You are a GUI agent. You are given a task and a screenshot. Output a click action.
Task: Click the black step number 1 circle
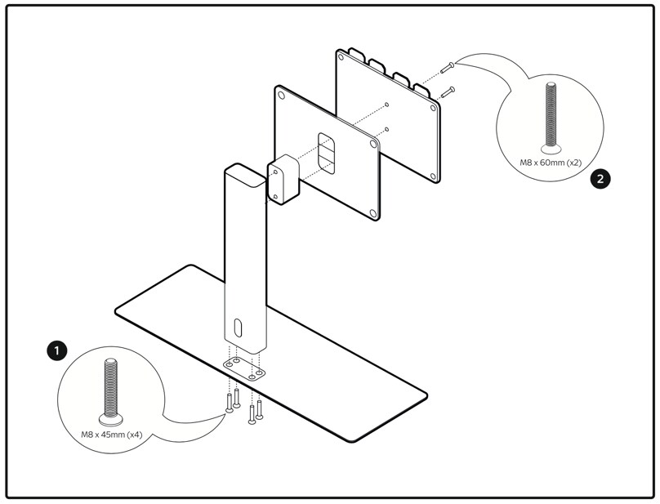point(56,350)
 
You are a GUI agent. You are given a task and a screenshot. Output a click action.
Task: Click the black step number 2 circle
point(600,179)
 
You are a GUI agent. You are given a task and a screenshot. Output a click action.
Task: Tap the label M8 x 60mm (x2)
point(551,163)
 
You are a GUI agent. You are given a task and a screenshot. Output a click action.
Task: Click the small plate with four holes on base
point(244,366)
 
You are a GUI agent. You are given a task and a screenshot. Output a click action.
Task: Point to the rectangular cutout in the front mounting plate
point(325,152)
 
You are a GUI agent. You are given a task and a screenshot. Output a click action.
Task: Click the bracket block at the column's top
point(283,181)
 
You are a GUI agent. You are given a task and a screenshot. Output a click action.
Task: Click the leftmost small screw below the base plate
point(230,402)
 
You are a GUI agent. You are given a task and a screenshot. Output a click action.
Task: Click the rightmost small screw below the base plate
point(259,408)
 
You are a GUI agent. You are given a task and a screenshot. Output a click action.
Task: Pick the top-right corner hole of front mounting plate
point(374,143)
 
